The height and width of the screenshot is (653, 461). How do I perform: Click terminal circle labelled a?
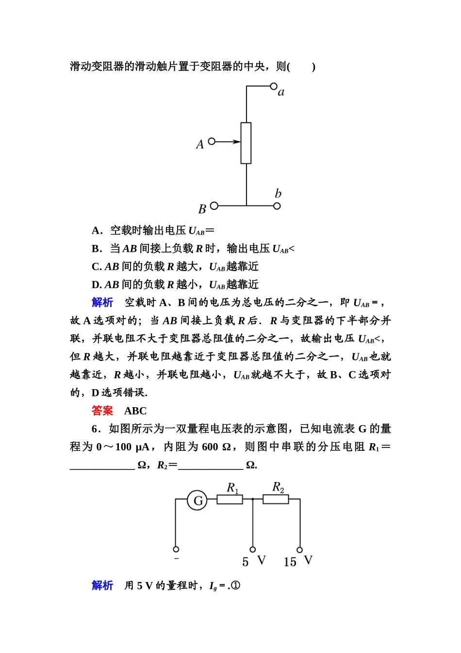click(274, 86)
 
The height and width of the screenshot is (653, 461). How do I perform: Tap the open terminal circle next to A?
click(212, 141)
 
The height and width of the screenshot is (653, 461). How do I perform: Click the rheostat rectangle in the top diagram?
click(246, 143)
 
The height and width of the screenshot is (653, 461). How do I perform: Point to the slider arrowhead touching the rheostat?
click(237, 142)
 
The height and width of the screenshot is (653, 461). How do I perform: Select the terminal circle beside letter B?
click(214, 206)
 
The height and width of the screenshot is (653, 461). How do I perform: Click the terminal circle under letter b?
click(277, 206)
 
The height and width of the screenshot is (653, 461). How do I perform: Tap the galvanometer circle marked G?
click(198, 500)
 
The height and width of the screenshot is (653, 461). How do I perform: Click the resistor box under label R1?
click(230, 499)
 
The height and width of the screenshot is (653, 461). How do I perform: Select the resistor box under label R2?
click(276, 499)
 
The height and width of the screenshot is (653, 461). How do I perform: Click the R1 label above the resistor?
click(232, 487)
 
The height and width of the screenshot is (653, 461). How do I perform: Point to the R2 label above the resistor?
click(278, 487)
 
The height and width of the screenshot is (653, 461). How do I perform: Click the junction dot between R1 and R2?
click(253, 499)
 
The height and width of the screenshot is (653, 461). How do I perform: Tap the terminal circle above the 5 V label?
click(253, 550)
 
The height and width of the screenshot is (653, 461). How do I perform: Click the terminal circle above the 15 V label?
click(300, 550)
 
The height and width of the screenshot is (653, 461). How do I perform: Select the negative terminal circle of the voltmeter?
click(176, 549)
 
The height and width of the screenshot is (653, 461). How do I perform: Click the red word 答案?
click(102, 411)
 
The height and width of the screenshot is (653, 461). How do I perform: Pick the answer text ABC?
click(135, 411)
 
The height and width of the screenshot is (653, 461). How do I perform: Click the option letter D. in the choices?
click(97, 285)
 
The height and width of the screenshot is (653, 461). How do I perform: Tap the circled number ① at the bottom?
click(235, 585)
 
